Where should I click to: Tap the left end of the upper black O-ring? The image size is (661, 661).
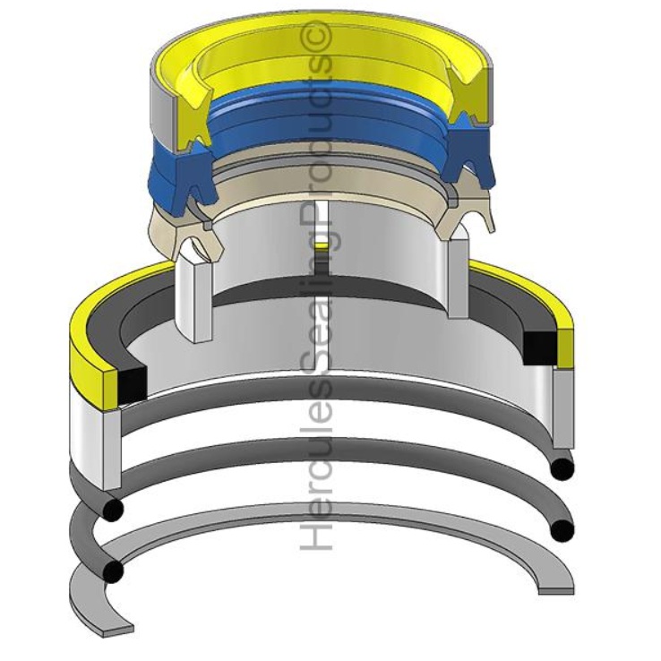pos(111,509)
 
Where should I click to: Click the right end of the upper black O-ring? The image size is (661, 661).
pos(562,468)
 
